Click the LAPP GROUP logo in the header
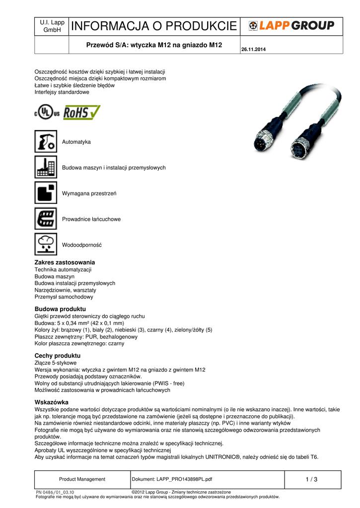tap(291, 25)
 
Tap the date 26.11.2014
tap(253, 49)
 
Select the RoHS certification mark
tap(81, 112)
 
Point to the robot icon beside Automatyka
tap(46, 141)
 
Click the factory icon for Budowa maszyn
tap(46, 167)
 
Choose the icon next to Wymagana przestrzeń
tap(46, 192)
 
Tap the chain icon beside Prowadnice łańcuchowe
tap(46, 218)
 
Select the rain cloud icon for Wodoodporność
tap(46, 244)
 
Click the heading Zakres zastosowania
tap(65, 262)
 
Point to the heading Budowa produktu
tap(60, 309)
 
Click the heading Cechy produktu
tap(57, 356)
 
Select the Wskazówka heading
tap(51, 402)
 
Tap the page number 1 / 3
tap(312, 479)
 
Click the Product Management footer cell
tap(82, 479)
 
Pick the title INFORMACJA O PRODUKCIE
tap(154, 26)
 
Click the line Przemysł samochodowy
tap(64, 297)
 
